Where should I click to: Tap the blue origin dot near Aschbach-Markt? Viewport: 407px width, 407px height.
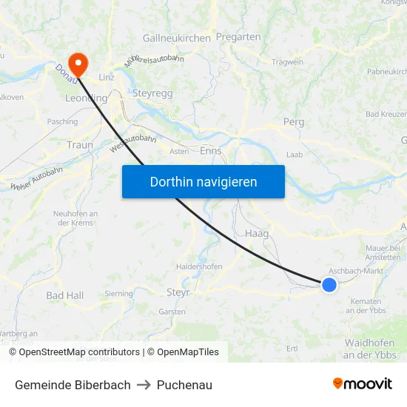[x=329, y=284]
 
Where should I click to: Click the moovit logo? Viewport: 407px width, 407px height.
[x=363, y=384]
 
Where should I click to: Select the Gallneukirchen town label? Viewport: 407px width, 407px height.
[x=177, y=38]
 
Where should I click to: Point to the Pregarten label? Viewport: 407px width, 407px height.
[x=238, y=37]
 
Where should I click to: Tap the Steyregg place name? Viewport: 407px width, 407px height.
[x=152, y=93]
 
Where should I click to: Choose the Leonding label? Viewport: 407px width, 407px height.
[x=87, y=98]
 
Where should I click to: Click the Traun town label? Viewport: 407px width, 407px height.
[x=80, y=145]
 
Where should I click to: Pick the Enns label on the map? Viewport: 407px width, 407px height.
[x=211, y=151]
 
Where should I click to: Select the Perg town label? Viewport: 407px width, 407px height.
[x=294, y=121]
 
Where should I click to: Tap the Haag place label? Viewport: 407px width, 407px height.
[x=256, y=233]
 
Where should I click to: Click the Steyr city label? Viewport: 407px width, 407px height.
[x=178, y=292]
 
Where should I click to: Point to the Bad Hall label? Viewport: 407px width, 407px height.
[x=65, y=295]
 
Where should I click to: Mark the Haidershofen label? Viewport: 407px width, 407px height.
[x=199, y=266]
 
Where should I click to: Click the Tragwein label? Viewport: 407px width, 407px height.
[x=288, y=62]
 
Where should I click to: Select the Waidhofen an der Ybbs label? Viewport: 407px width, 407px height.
[x=370, y=349]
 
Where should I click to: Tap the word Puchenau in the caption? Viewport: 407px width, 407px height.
[x=184, y=385]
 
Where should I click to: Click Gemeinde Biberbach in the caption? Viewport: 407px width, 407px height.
[x=73, y=385]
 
